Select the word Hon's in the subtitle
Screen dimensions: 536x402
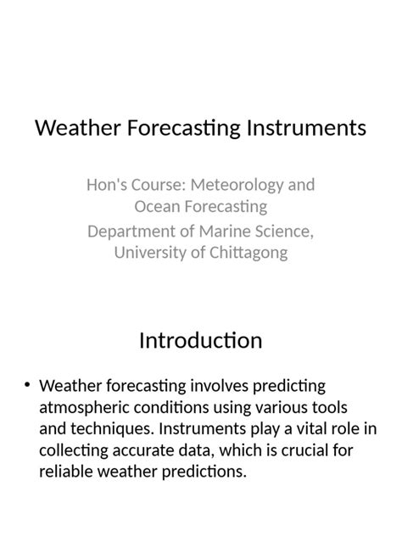106,185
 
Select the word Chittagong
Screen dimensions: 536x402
246,253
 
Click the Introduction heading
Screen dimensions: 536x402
201,341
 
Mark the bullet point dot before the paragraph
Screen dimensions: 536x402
28,387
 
